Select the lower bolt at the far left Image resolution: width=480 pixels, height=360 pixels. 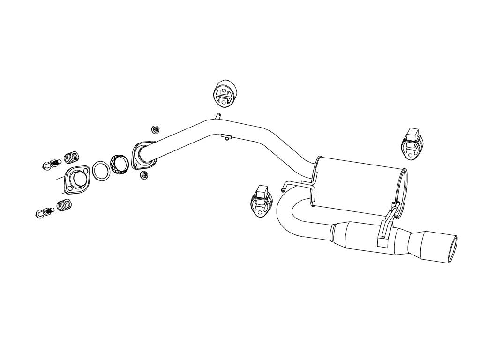coord(44,213)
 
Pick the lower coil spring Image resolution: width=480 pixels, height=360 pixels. coord(64,205)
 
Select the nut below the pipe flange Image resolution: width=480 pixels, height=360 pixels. coord(145,175)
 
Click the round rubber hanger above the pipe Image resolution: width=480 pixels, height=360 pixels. coord(225,93)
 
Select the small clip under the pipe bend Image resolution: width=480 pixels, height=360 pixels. coord(226,137)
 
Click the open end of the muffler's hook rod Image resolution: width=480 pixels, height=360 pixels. coord(283,190)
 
